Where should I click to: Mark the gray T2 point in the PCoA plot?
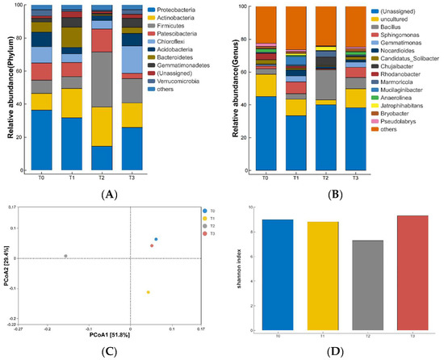(x=65, y=256)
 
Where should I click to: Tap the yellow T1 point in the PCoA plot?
(x=148, y=292)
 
